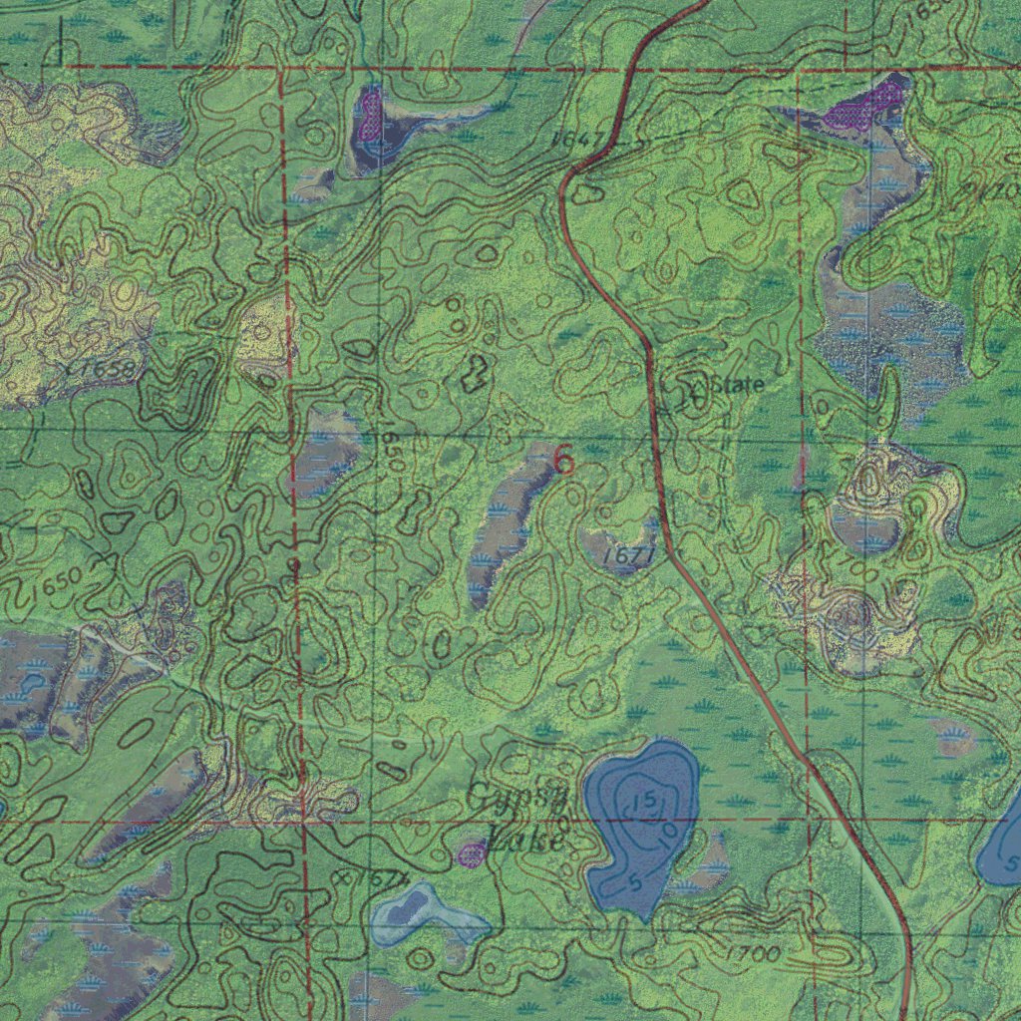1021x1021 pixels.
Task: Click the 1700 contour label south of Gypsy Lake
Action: point(752,954)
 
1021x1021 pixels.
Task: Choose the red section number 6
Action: point(563,461)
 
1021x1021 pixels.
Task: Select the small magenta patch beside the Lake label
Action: point(471,852)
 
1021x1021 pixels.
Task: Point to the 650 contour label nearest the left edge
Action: point(56,584)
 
